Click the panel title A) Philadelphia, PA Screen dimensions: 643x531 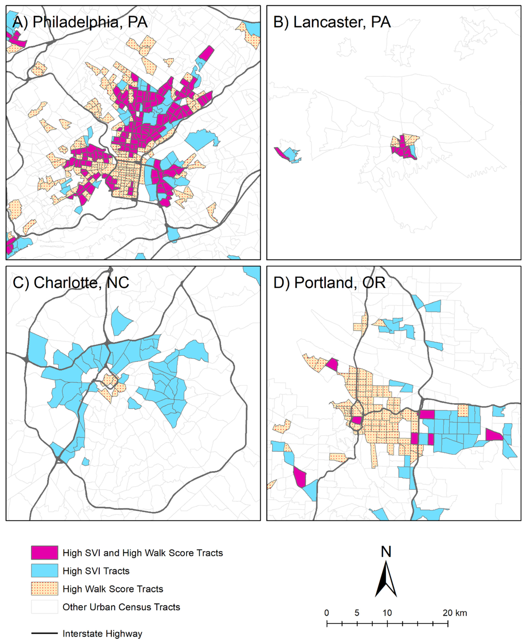[x=80, y=22]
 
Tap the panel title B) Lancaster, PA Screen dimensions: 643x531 [x=332, y=22]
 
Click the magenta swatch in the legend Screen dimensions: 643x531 [x=44, y=553]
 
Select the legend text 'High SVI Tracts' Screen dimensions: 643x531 [x=96, y=571]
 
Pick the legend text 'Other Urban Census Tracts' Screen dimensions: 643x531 [x=121, y=607]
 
